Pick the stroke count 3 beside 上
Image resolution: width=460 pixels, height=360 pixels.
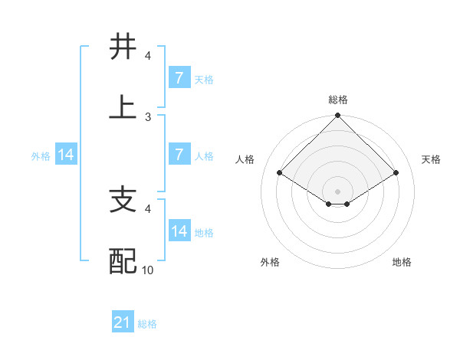149,116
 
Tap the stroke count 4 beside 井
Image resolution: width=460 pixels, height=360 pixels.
149,56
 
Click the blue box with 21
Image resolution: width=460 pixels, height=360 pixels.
123,323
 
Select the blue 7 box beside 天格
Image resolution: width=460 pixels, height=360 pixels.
179,78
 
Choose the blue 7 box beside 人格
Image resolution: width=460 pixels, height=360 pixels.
179,155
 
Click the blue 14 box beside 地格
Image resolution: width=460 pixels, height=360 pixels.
179,231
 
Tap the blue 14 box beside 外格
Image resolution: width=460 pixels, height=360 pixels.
66,155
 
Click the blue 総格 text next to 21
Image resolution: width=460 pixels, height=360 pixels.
147,324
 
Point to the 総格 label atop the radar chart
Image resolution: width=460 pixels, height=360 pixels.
337,100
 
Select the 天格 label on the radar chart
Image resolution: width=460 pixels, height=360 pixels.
431,159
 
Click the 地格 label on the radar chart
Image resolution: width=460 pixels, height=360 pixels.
402,262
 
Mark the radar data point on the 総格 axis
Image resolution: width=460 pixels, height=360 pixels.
337,116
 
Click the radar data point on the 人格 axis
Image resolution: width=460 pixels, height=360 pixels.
280,173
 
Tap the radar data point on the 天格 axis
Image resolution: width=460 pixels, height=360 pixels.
396,173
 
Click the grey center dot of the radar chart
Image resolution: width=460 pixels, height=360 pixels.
337,191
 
